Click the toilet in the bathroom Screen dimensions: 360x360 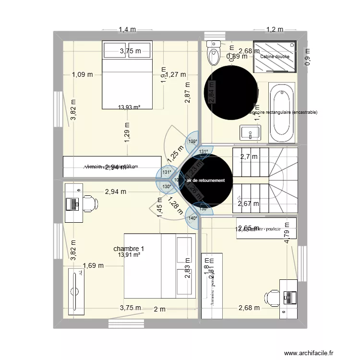click(x=214, y=53)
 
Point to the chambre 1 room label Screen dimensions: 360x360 click(x=129, y=249)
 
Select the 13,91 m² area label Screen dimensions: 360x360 click(x=129, y=255)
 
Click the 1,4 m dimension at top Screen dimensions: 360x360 click(x=127, y=30)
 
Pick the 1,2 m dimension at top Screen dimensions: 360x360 click(x=275, y=30)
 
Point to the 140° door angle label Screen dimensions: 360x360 click(x=192, y=218)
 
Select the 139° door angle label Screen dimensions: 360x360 click(x=192, y=142)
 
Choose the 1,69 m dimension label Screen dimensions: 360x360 click(x=92, y=265)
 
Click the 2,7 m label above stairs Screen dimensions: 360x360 click(x=248, y=156)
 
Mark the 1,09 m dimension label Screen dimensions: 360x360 click(x=82, y=74)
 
